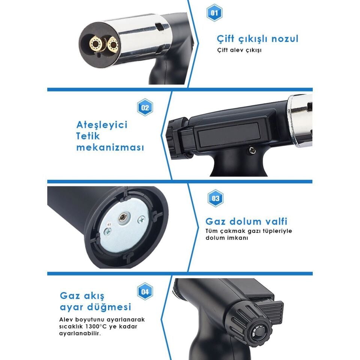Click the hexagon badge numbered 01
coord(214,13)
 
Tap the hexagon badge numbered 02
coord(145,107)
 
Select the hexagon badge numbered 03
coord(215,198)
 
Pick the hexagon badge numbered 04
coord(145,291)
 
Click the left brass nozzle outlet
coord(95,43)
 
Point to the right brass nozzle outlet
coord(113,44)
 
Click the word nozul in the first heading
coord(285,39)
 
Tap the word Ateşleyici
coord(102,125)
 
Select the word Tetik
coord(88,136)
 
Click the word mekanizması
coord(110,147)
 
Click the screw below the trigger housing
coord(252,150)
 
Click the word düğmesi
coord(112,307)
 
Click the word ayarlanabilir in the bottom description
coord(80,333)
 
